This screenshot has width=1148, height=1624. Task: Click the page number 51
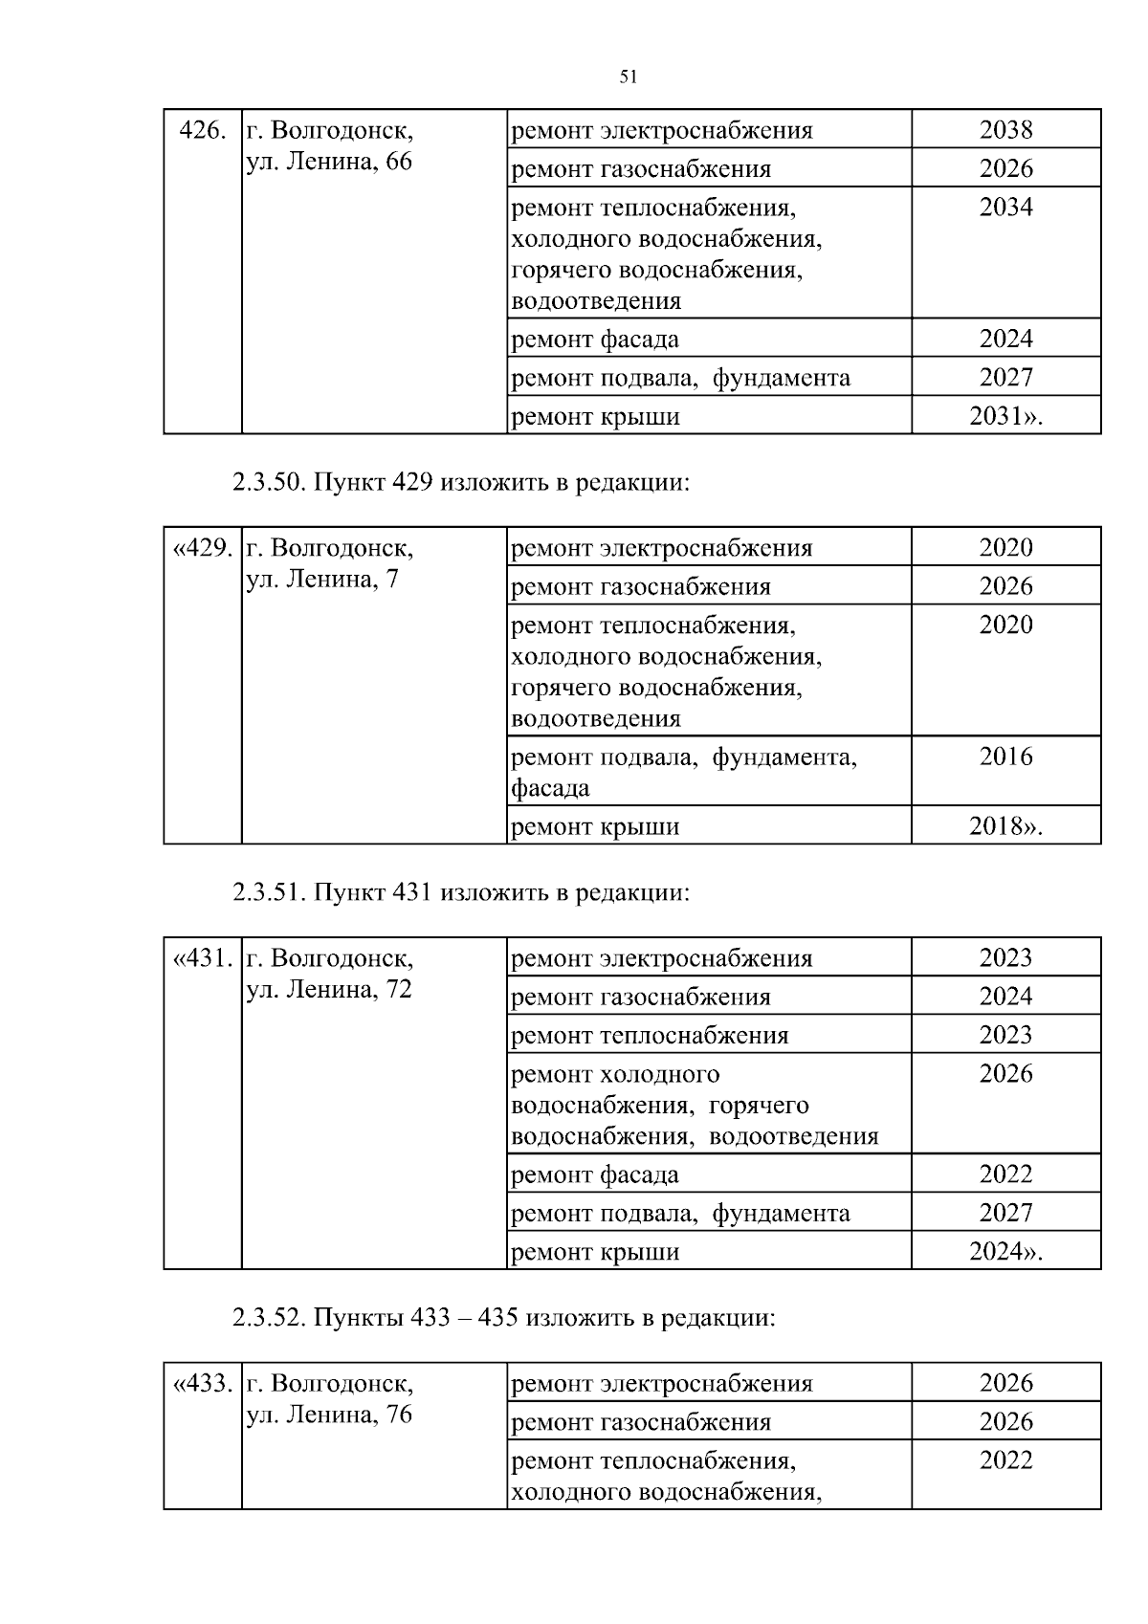click(x=629, y=77)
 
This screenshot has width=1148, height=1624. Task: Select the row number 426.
click(x=203, y=130)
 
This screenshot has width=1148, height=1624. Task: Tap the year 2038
click(x=1005, y=130)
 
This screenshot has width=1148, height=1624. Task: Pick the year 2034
click(x=1005, y=208)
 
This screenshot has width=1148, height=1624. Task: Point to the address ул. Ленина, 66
click(x=329, y=162)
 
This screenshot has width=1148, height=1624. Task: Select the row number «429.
click(x=202, y=548)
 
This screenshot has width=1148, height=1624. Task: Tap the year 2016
click(x=1005, y=757)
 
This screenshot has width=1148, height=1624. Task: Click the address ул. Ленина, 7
click(x=322, y=580)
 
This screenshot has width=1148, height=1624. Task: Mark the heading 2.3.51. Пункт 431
click(x=460, y=892)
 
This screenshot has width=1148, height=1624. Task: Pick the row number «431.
click(x=202, y=958)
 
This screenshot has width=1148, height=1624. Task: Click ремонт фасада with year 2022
click(x=595, y=1174)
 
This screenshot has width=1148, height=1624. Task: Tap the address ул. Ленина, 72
click(x=329, y=990)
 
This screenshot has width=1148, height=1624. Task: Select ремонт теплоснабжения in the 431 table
click(x=650, y=1036)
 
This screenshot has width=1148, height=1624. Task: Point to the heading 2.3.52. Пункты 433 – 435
click(x=503, y=1318)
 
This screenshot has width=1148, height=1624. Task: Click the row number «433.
click(x=202, y=1384)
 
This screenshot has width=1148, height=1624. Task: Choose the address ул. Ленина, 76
click(x=329, y=1415)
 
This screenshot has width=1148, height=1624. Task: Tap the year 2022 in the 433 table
click(x=1005, y=1460)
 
